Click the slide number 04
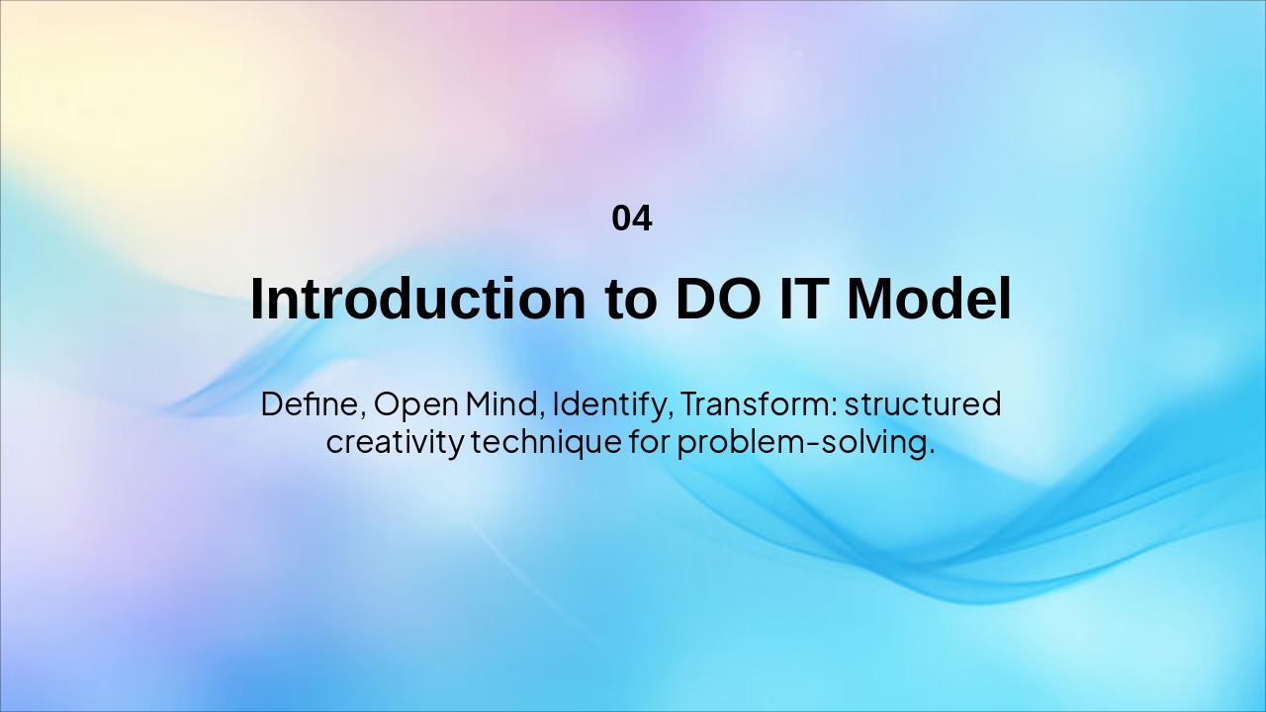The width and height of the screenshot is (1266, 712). [x=632, y=219]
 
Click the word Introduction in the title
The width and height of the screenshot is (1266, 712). [x=418, y=299]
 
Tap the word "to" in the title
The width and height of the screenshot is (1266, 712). [x=631, y=301]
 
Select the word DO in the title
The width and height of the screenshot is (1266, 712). [x=718, y=299]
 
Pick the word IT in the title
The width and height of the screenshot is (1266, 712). [x=803, y=299]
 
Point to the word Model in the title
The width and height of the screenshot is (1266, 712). [x=929, y=299]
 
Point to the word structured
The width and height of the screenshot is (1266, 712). [x=923, y=404]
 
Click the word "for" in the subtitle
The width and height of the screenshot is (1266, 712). [x=650, y=441]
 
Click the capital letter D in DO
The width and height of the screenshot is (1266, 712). [x=695, y=299]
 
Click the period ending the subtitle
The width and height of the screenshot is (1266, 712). [x=932, y=452]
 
